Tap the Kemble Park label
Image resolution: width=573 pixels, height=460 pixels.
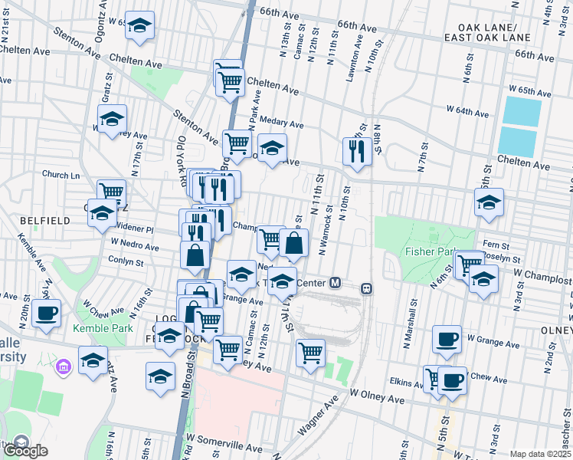coord(97,329)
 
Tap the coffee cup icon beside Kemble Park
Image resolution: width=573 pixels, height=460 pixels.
coord(47,313)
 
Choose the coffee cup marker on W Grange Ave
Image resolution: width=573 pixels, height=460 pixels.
coord(447,338)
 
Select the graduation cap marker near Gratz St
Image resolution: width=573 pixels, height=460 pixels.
coord(112,119)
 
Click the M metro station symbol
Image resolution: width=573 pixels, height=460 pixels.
coord(335,283)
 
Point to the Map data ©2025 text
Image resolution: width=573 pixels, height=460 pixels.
coord(539,454)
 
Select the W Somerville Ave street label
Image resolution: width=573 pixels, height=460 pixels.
coord(228,441)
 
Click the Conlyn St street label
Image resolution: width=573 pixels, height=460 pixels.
coord(126,262)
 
